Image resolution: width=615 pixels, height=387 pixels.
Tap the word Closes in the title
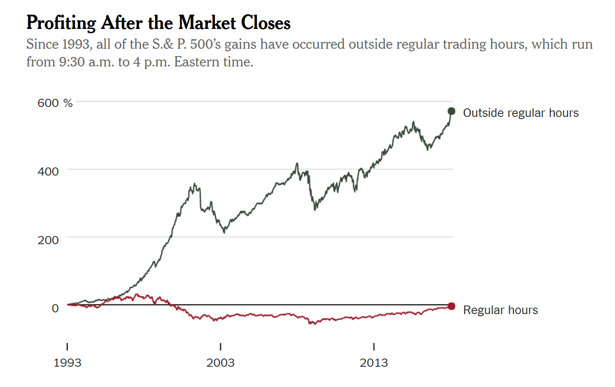266,23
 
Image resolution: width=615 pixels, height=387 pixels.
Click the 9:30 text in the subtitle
72,62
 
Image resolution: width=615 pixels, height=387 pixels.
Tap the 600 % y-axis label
55,103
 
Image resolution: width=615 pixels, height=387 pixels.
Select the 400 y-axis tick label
48,172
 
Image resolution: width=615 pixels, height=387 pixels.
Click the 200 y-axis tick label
48,240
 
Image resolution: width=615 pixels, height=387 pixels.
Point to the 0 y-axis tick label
55,308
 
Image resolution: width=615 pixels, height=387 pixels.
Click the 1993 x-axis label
67,363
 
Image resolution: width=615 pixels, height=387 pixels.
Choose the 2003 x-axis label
220,363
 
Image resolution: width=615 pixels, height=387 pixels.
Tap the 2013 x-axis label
374,363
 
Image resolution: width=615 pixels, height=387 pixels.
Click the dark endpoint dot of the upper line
451,111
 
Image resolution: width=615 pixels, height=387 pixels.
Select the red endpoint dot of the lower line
451,306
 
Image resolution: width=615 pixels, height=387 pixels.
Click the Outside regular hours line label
521,113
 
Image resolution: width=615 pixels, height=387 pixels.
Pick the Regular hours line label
500,310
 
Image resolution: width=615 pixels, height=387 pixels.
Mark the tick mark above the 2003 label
220,346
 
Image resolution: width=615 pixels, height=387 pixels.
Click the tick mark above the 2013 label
374,346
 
